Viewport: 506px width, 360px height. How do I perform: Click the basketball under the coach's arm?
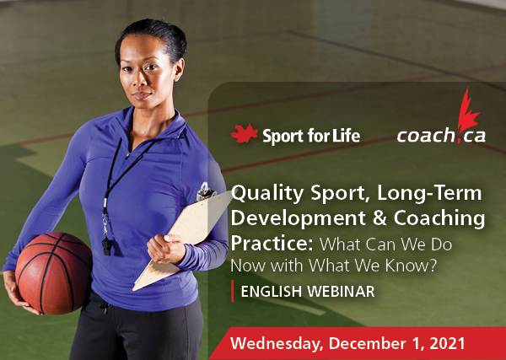click(53, 272)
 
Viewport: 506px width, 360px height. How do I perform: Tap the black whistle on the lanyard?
click(107, 246)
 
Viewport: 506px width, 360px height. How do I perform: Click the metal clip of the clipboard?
click(205, 191)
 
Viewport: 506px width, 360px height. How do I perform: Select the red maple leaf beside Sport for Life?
click(245, 134)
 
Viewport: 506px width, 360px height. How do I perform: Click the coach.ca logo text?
click(441, 136)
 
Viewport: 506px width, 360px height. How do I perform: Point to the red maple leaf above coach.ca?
click(468, 110)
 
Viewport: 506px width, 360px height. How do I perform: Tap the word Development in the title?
click(299, 218)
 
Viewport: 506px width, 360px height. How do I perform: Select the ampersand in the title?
click(380, 218)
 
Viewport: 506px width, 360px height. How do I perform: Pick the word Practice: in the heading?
click(272, 244)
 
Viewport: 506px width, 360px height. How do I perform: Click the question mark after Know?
click(433, 265)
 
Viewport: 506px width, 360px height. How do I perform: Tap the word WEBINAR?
click(341, 292)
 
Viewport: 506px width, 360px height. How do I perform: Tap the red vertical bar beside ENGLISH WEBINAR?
click(233, 291)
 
